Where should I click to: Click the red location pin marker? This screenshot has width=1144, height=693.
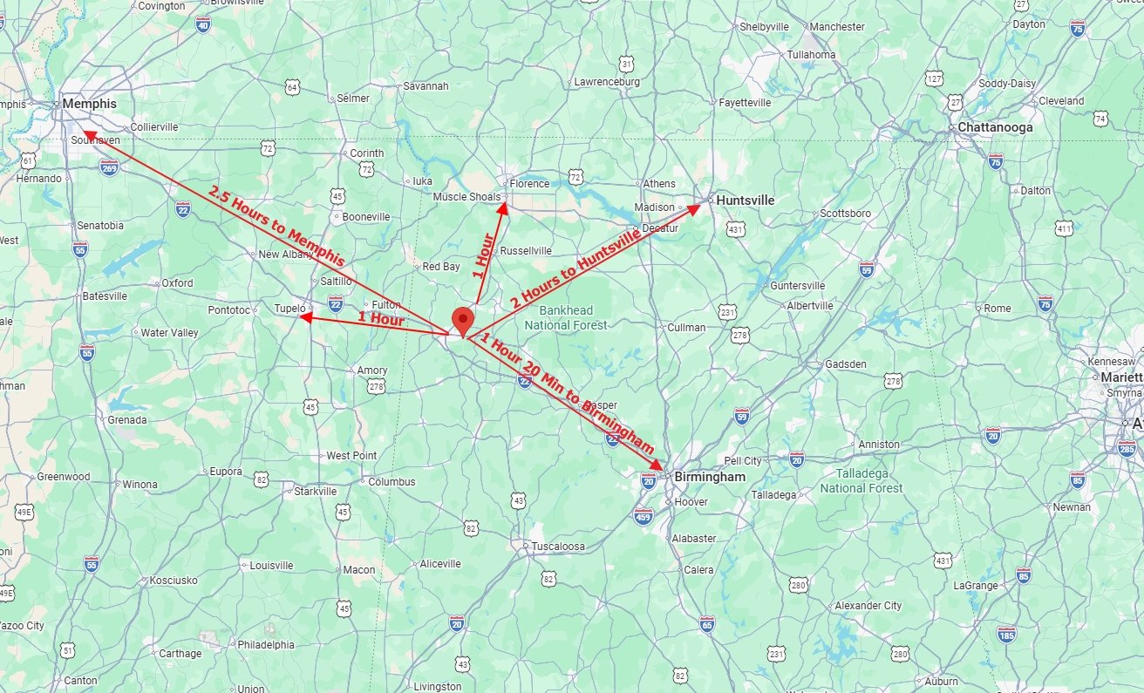tap(462, 319)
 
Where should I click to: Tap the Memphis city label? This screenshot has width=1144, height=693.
tap(89, 104)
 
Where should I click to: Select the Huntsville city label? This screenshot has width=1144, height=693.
tap(745, 200)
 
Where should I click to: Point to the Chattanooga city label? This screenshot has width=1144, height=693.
tap(995, 127)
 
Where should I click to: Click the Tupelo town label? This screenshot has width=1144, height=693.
tap(290, 309)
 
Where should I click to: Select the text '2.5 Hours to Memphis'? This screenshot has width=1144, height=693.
tap(276, 226)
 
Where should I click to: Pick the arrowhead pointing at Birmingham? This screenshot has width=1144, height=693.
tap(658, 466)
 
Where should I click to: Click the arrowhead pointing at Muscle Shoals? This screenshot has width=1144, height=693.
tap(502, 206)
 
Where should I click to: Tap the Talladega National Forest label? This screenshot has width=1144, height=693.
tap(861, 480)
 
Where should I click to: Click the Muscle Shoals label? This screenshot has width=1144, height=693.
tap(468, 197)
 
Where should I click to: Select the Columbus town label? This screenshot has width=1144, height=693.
tap(392, 481)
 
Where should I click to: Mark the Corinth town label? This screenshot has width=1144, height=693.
tap(366, 153)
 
